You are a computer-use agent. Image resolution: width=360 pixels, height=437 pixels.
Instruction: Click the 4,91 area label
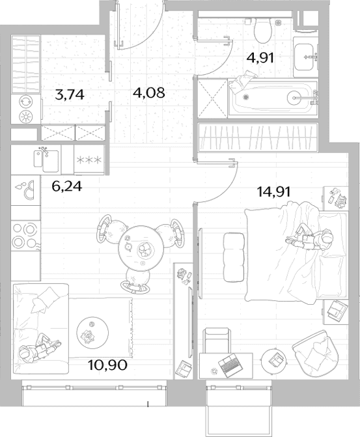point(260,58)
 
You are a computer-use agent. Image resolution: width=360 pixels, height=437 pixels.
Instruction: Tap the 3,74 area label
point(70,94)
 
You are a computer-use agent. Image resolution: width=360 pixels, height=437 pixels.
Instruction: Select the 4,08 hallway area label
point(149,92)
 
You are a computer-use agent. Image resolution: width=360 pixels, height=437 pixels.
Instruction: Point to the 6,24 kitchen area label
point(67,186)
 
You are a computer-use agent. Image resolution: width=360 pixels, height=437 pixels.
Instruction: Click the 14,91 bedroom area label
point(273,191)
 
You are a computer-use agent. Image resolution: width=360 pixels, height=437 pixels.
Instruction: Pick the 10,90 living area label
point(107,365)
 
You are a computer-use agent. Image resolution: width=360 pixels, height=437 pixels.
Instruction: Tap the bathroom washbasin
point(305,57)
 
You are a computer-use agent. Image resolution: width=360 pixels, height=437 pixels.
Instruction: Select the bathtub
point(273,98)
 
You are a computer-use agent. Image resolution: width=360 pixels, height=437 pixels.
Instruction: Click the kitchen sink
point(46,161)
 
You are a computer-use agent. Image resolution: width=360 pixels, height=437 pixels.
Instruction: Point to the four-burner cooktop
point(25,236)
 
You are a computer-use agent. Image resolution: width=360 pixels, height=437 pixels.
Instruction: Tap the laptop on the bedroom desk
point(230,365)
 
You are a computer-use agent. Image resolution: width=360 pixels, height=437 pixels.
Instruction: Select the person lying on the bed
point(310,239)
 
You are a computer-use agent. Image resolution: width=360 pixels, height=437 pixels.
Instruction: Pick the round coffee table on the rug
point(92,333)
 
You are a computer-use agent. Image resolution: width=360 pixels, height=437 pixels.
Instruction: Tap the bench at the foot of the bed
point(234,257)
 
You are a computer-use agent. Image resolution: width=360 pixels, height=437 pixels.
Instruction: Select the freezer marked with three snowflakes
point(89,160)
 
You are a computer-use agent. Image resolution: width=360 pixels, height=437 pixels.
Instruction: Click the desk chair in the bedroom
point(217,341)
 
